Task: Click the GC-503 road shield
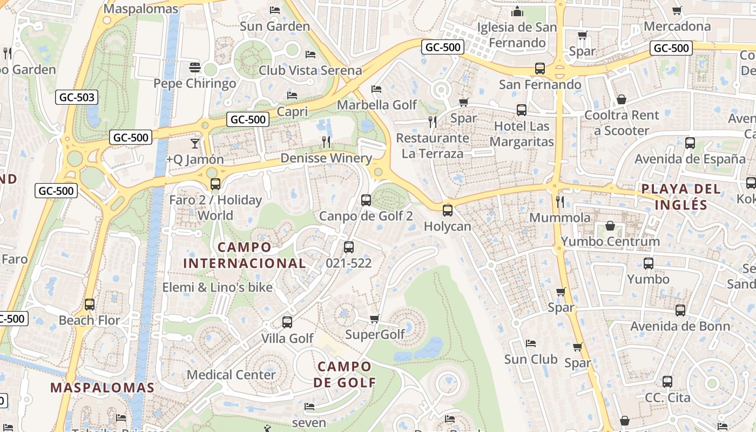(77, 98)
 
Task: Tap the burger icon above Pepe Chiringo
(195, 68)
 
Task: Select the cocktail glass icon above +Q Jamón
(195, 143)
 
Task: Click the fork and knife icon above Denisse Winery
(326, 142)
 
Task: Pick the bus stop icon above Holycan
(447, 211)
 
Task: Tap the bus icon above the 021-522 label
(349, 247)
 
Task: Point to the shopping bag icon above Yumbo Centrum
(610, 225)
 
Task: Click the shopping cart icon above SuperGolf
(375, 319)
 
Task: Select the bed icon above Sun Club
(531, 343)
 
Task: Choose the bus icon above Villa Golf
(287, 322)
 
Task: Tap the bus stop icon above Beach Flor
(90, 305)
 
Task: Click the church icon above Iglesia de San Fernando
(517, 11)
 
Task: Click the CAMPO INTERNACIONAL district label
(245, 255)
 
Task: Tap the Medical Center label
(231, 375)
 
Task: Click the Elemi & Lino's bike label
(218, 287)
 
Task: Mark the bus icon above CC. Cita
(667, 382)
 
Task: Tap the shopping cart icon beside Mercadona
(677, 10)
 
